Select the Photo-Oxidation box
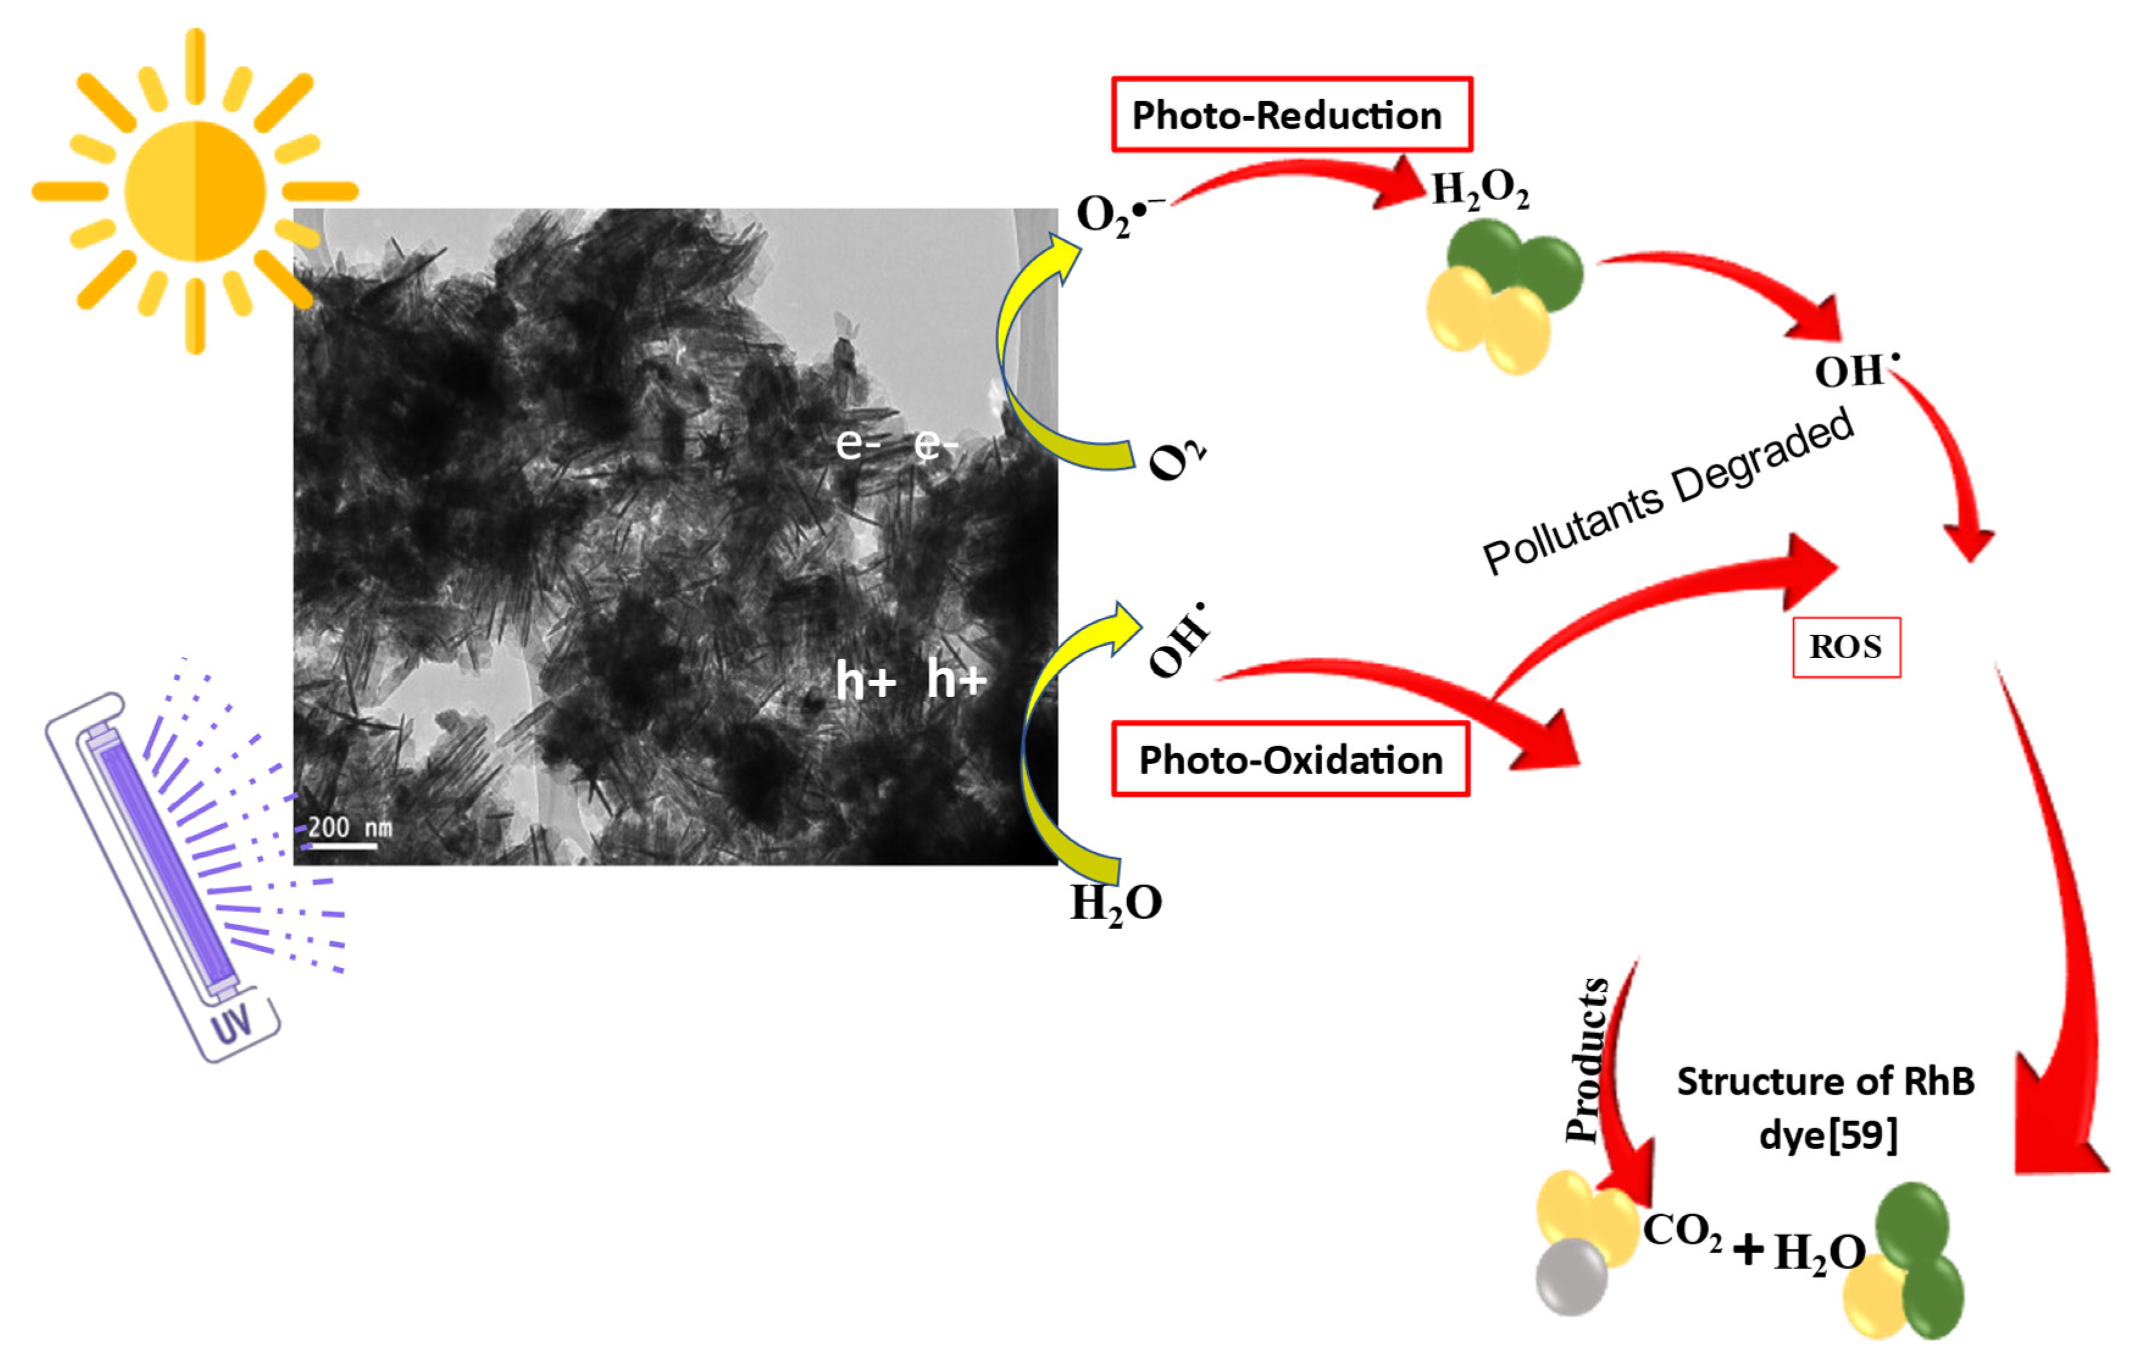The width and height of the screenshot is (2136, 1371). coord(1289,759)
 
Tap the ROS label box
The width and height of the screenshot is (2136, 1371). coord(1845,647)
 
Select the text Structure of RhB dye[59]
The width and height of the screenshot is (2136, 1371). coord(1826,1108)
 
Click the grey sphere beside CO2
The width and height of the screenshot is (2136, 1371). coord(1572,1276)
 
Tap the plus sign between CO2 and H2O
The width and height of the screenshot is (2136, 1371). coord(1749,1249)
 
